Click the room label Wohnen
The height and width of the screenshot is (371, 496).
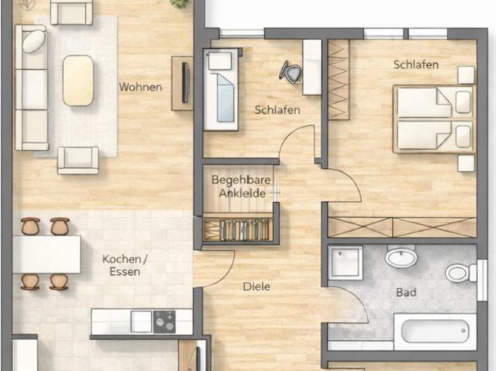click(140, 87)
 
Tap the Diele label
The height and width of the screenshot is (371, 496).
click(257, 287)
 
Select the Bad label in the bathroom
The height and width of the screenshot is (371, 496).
click(406, 292)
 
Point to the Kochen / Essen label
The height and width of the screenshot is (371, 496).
click(125, 266)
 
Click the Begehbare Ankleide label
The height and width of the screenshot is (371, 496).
click(241, 187)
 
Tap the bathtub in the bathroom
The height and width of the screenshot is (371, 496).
click(435, 331)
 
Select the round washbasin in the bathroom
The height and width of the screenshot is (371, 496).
click(401, 258)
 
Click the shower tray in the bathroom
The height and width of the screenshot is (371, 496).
click(345, 263)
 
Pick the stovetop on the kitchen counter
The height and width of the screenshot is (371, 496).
click(164, 321)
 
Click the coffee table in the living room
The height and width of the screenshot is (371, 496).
click(78, 81)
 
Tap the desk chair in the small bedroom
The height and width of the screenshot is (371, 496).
click(291, 72)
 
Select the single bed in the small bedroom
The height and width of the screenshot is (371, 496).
click(221, 89)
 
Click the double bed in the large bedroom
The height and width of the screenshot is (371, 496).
click(434, 119)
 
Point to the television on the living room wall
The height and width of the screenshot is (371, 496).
click(185, 82)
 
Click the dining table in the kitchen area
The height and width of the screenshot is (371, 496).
click(46, 254)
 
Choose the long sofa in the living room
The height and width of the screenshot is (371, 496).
click(31, 88)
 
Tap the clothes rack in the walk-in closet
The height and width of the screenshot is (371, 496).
click(238, 229)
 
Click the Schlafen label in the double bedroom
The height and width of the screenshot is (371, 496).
click(416, 65)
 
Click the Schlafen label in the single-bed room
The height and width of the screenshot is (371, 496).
click(277, 110)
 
